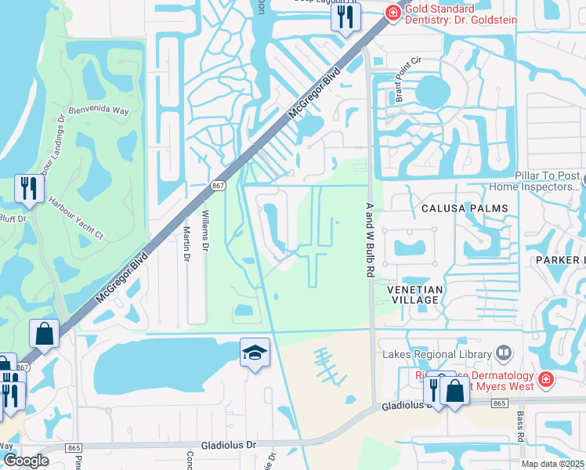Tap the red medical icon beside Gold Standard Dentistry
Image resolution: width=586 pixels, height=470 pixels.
pos(392,12)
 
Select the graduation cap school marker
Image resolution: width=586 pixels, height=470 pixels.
pos(255,354)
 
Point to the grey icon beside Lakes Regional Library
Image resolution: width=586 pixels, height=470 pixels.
pos(503,353)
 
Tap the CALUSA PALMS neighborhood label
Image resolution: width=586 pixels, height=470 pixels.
pos(465,208)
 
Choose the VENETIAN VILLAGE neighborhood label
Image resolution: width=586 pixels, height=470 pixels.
pos(415,295)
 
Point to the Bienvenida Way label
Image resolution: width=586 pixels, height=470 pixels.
pos(99,111)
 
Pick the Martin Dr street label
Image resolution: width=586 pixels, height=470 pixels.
pos(186,244)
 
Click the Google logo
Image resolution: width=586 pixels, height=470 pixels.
pos(26,461)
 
